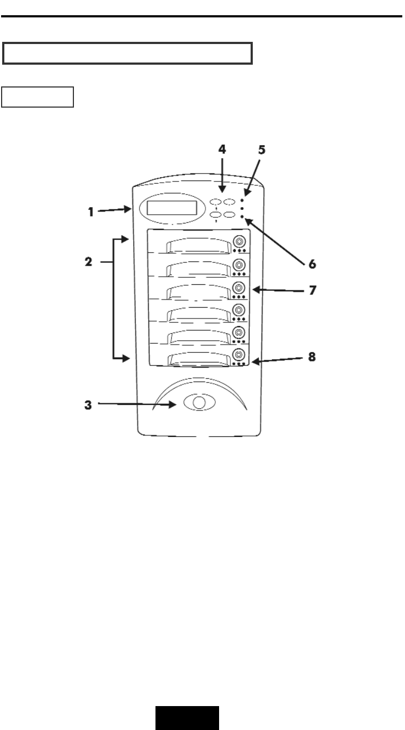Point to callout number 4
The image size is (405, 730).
click(x=222, y=150)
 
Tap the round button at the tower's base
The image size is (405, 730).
click(x=199, y=402)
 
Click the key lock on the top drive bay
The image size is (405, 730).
click(x=239, y=241)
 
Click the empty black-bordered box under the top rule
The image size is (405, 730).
click(x=128, y=53)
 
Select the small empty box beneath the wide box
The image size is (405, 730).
click(x=38, y=96)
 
